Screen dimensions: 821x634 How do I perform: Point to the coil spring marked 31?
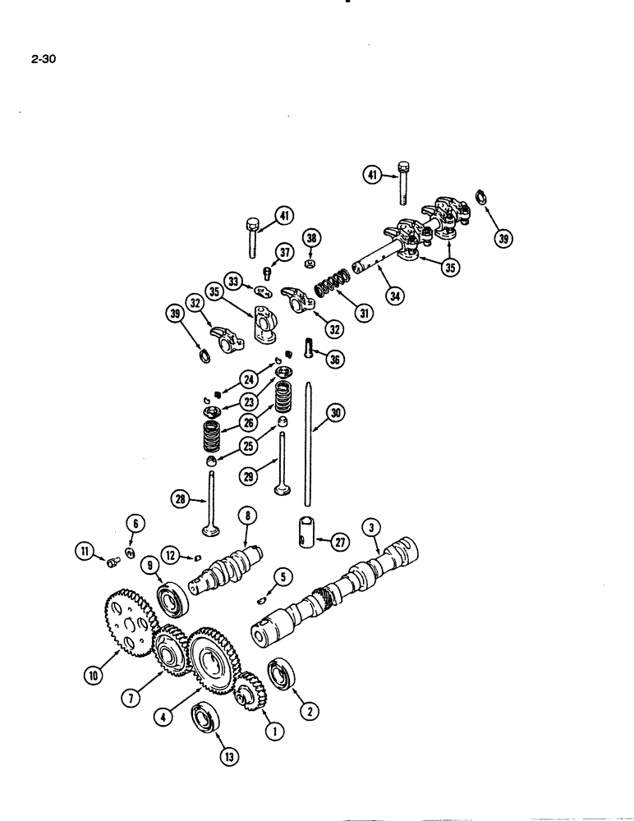(329, 291)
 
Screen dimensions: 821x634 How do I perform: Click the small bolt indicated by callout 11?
(114, 561)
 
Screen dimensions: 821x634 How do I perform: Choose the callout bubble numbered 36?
(334, 360)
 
